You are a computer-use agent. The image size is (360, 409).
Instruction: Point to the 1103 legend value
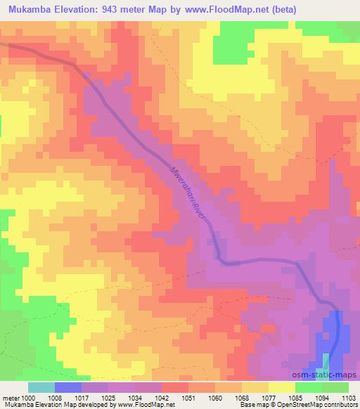pos(348,396)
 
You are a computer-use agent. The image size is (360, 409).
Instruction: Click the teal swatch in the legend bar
pos(41,387)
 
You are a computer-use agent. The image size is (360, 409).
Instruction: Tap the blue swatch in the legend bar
pos(68,387)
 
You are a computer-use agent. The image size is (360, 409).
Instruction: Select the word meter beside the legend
pos(11,396)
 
